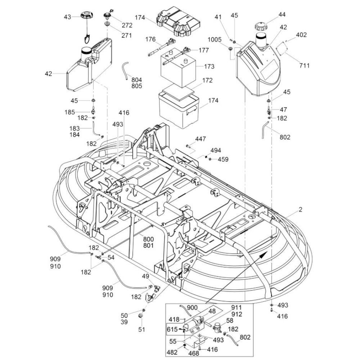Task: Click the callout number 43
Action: pos(67,17)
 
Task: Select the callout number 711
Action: pos(304,66)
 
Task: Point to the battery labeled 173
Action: pos(178,67)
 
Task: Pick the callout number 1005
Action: pos(215,40)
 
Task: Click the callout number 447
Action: pos(201,139)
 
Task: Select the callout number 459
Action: pos(223,159)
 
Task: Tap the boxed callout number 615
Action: pos(172,329)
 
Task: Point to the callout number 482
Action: pos(172,352)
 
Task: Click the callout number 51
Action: pos(141,329)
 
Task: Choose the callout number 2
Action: pos(300,210)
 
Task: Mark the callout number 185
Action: pos(69,112)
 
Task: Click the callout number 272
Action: pos(127,25)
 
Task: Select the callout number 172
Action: pos(207,80)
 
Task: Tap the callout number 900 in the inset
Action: pos(192,308)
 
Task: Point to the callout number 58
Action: pos(230,320)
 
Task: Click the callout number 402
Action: pos(301,35)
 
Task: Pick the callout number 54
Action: pos(111,257)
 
